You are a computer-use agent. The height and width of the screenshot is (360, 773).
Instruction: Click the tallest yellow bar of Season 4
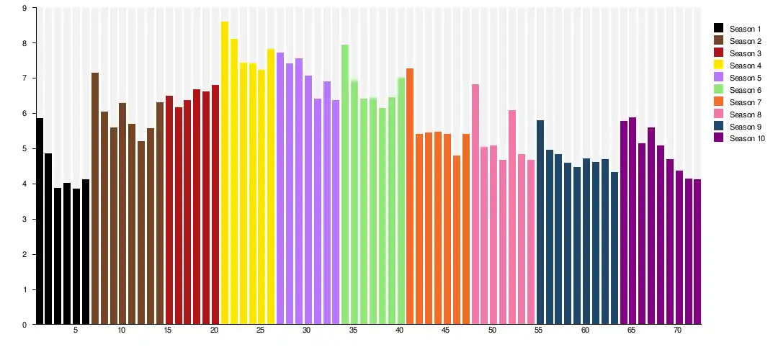click(x=225, y=173)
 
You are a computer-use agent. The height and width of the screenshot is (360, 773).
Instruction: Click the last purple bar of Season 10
click(x=697, y=251)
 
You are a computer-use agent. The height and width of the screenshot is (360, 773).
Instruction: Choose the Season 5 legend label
click(x=745, y=78)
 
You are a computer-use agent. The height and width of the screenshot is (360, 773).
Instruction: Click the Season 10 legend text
click(x=747, y=139)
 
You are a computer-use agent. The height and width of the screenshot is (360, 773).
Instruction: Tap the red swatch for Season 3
click(x=718, y=53)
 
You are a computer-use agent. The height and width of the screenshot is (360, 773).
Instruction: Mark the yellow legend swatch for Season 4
click(x=718, y=66)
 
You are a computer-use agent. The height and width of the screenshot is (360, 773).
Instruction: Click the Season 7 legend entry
click(x=745, y=102)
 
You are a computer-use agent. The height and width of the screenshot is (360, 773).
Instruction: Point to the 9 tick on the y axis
click(x=24, y=8)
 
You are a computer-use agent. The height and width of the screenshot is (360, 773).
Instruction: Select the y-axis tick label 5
click(x=24, y=149)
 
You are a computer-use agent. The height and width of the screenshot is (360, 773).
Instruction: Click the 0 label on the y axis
click(x=24, y=325)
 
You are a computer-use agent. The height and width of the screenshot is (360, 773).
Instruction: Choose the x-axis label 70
click(x=678, y=330)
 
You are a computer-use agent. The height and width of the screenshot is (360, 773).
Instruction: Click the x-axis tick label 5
click(x=76, y=330)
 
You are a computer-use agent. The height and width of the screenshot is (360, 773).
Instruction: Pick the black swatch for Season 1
click(x=718, y=29)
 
